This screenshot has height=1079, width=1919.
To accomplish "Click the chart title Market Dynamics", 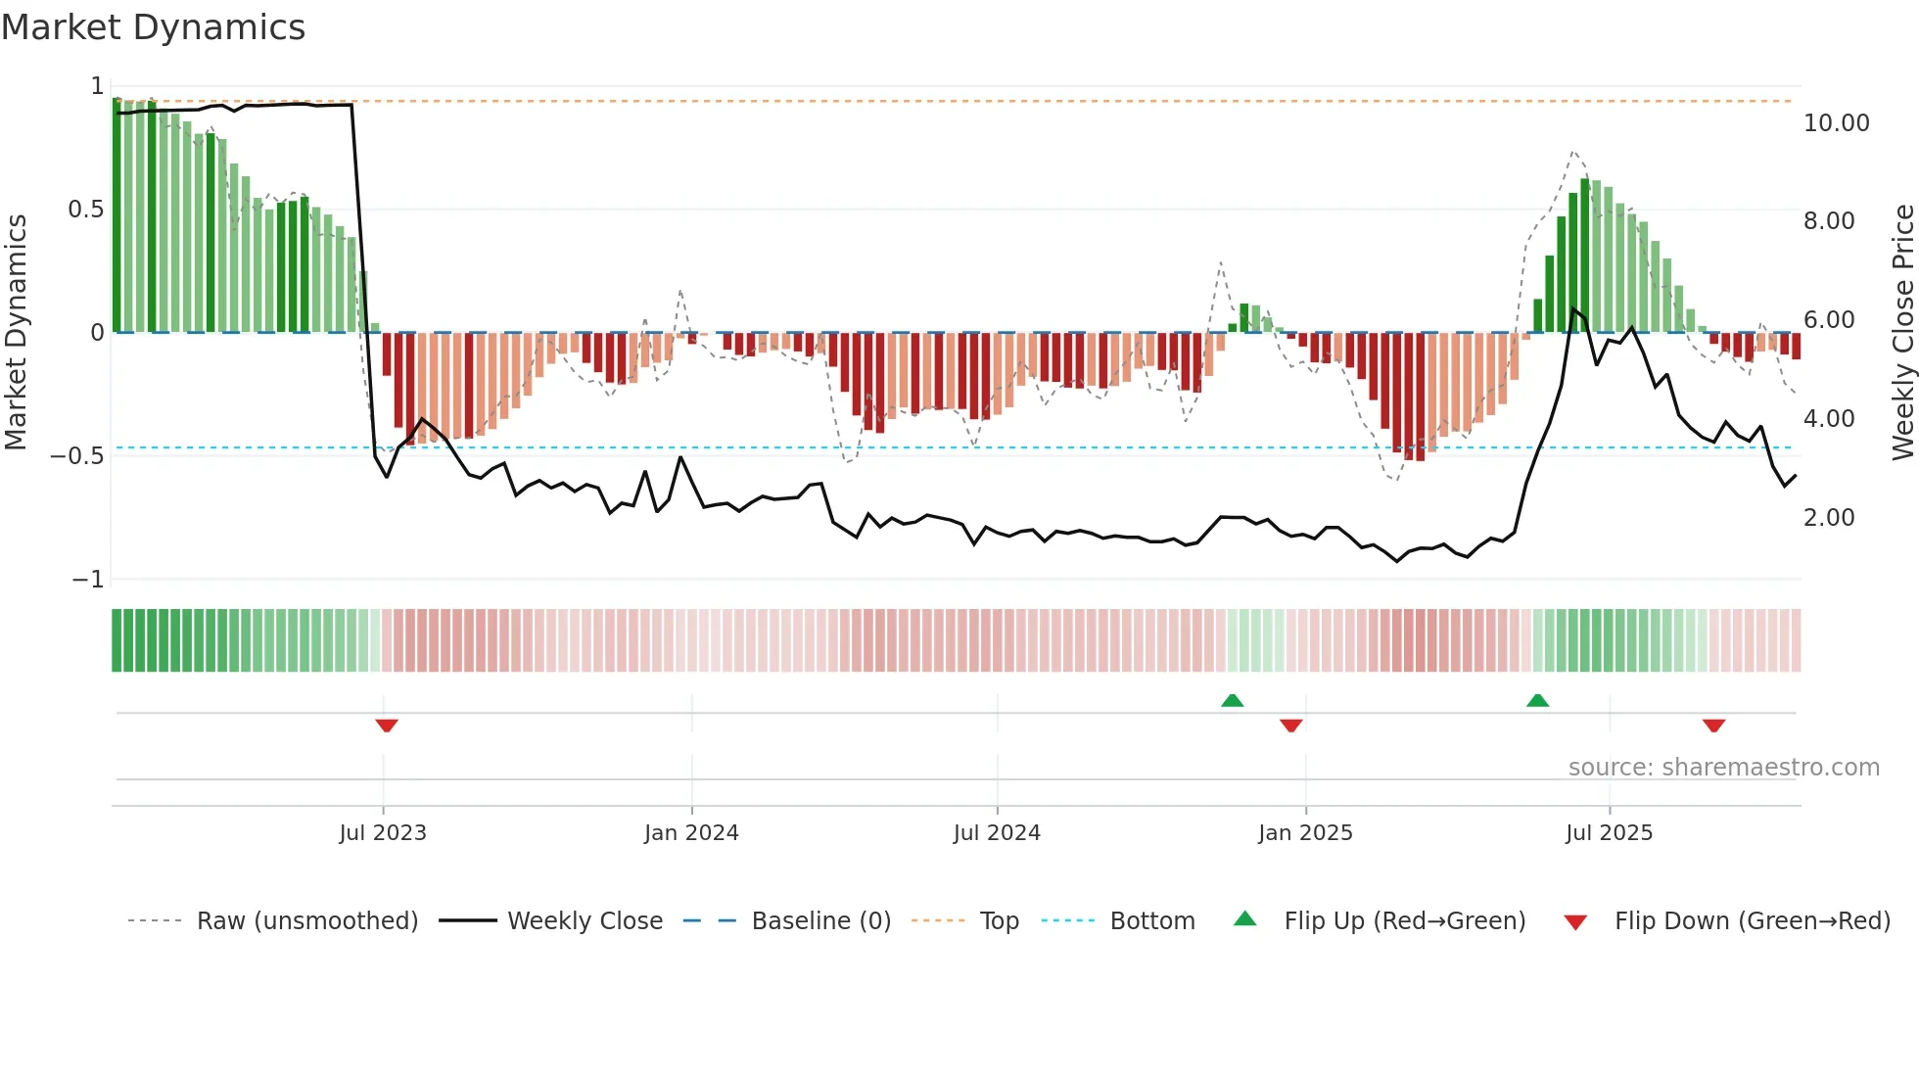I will [x=153, y=27].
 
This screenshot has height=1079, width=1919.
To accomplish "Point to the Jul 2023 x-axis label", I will [x=383, y=833].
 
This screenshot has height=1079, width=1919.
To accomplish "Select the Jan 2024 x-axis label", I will [x=691, y=833].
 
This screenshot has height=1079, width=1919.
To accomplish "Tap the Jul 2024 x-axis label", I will [x=997, y=833].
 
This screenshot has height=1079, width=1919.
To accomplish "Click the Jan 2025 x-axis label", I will [x=1305, y=833].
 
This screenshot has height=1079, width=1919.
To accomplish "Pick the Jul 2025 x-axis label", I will [x=1609, y=833].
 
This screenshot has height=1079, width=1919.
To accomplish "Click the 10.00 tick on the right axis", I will [x=1836, y=123].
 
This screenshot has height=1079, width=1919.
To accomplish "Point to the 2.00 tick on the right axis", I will [x=1829, y=518].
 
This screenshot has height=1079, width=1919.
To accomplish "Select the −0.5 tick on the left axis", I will [x=76, y=456].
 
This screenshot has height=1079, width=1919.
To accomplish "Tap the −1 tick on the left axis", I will [x=87, y=580].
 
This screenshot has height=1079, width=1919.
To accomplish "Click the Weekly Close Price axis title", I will [x=1902, y=333].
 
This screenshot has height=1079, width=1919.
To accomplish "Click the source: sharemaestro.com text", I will [x=1723, y=768].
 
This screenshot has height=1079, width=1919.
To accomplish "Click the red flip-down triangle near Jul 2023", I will [x=387, y=726].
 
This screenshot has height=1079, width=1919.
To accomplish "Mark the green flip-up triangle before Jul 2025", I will [x=1537, y=700].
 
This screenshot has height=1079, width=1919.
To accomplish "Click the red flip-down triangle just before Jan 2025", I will [x=1290, y=726].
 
